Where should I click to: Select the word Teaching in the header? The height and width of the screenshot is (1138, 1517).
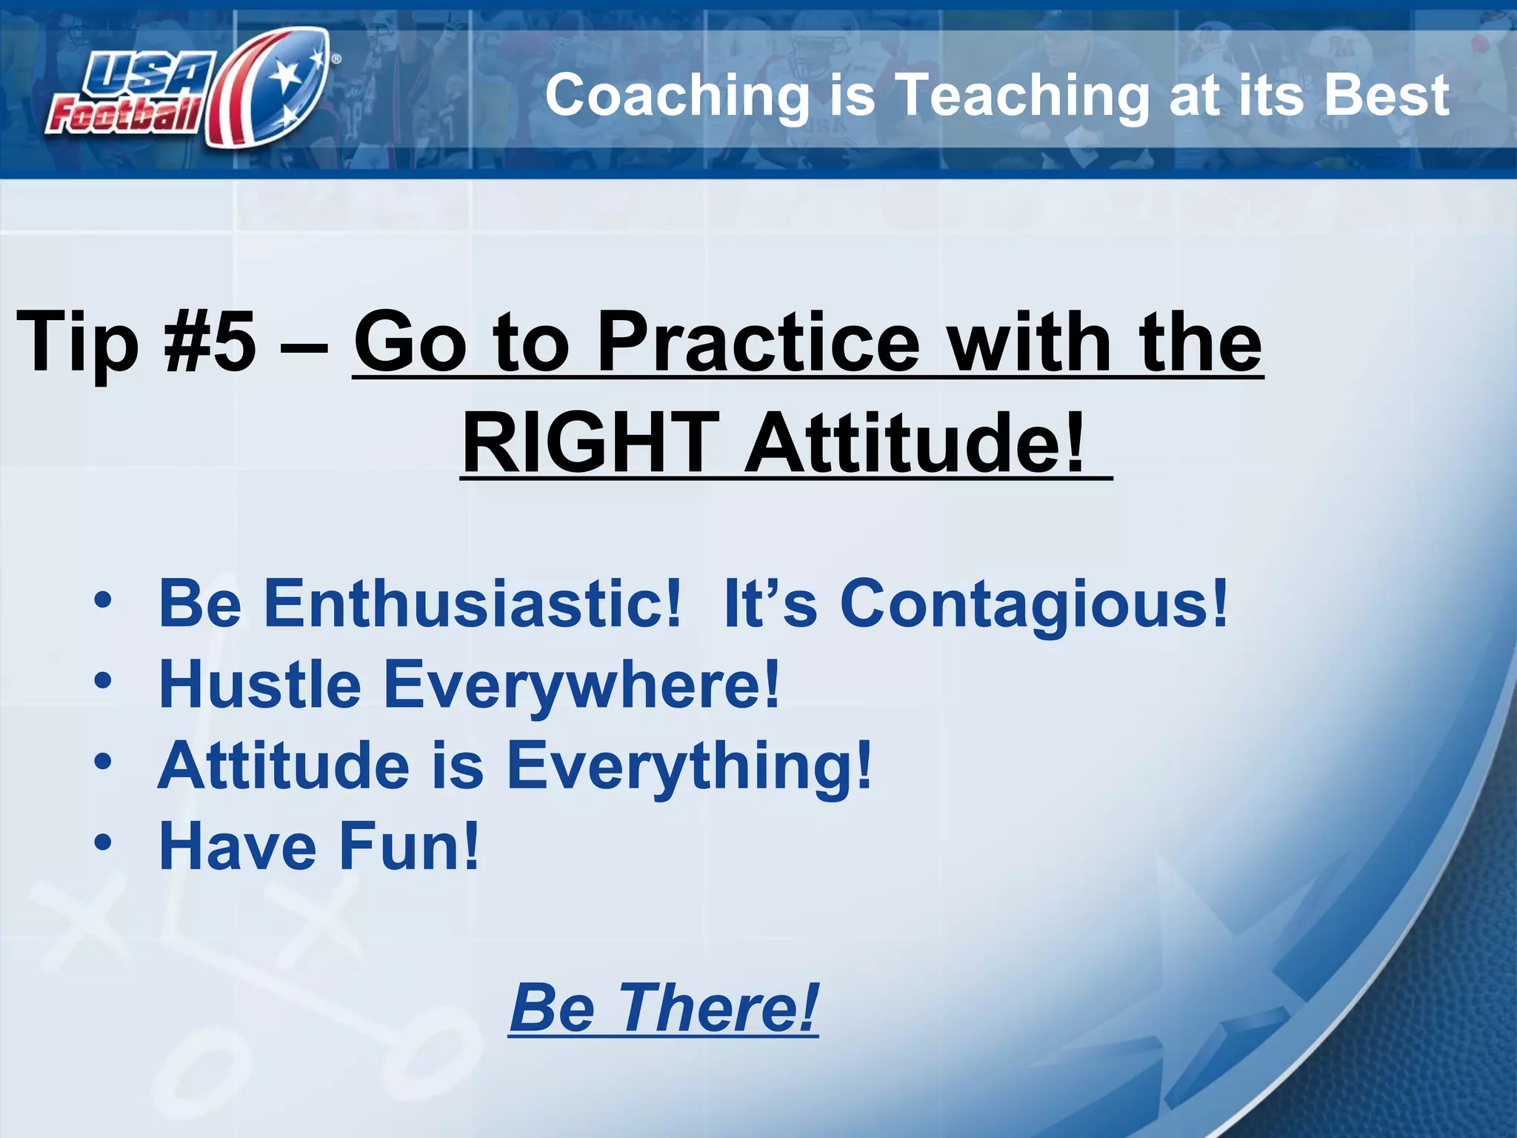(1022, 96)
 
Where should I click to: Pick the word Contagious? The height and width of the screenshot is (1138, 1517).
(1033, 604)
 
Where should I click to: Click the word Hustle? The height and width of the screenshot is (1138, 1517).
(260, 685)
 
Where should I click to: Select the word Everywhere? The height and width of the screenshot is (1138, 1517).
(581, 685)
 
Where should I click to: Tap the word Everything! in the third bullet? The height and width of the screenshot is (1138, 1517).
(689, 766)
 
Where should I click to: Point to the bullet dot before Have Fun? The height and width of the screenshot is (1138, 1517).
(103, 842)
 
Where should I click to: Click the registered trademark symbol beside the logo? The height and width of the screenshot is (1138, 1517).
(336, 59)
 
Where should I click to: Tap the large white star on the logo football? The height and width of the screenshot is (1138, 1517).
(286, 75)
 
